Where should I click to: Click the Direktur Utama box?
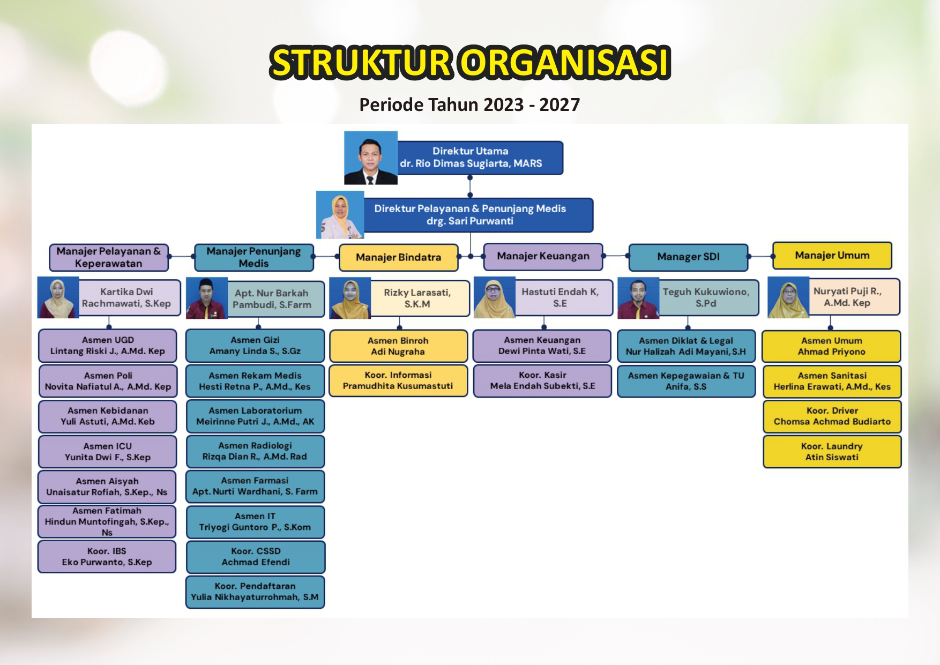(480, 158)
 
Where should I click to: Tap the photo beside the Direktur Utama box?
(371, 158)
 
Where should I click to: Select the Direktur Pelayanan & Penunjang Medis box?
(478, 215)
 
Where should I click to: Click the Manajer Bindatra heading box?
(399, 257)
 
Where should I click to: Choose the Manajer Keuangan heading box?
(543, 256)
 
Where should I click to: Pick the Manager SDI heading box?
(688, 257)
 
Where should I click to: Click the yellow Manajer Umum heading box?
(832, 256)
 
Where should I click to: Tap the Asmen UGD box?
(108, 346)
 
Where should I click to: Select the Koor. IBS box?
(107, 557)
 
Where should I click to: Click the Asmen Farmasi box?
(255, 486)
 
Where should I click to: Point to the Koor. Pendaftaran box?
(255, 592)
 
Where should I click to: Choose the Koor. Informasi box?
(398, 380)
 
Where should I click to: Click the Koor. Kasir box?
(542, 380)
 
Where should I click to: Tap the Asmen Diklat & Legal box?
(687, 346)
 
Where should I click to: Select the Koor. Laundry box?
(832, 452)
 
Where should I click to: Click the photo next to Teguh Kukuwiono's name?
(638, 298)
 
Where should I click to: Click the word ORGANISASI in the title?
(566, 62)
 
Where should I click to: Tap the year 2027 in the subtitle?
(559, 104)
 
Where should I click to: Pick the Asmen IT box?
(255, 522)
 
